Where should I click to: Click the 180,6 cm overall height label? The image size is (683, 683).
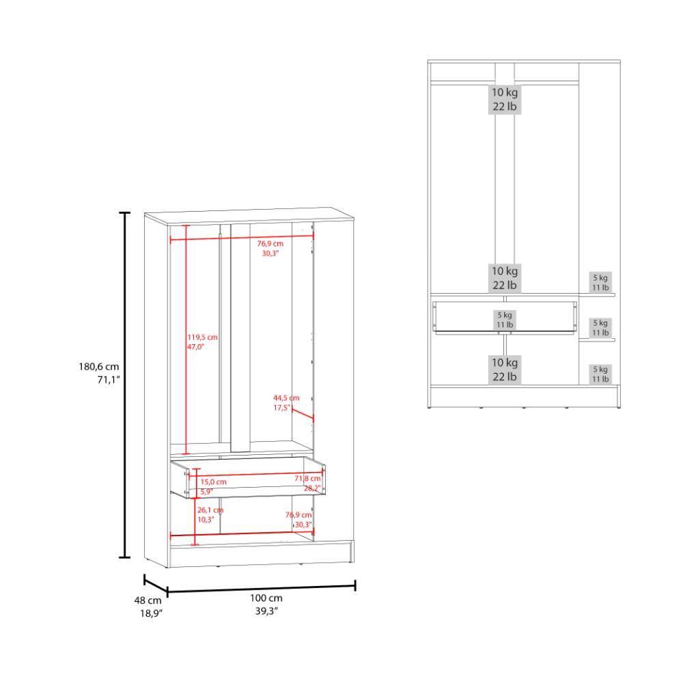99,367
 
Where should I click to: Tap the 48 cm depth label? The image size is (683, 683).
148,600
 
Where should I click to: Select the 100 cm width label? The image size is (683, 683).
266,598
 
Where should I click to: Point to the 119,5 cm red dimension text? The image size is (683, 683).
203,337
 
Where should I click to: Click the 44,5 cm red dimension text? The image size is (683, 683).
286,398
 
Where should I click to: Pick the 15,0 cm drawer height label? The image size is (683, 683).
213,482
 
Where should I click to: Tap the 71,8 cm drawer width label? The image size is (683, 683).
307,478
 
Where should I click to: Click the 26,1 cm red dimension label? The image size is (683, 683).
210,510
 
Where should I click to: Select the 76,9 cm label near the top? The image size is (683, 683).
270,244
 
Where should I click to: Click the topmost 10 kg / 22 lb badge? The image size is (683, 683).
505,99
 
